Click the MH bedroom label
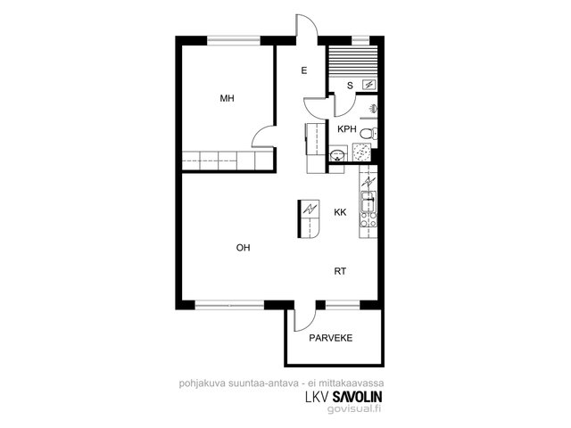(x=227, y=98)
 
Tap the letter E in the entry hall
(x=304, y=70)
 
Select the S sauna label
(x=350, y=86)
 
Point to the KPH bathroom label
(x=347, y=129)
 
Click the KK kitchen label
(x=340, y=212)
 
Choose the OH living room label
(x=244, y=248)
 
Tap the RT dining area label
(x=340, y=271)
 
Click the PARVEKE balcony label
(x=331, y=338)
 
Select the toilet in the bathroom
(x=368, y=134)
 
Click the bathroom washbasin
(x=337, y=154)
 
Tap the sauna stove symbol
(x=369, y=86)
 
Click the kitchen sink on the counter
(x=368, y=202)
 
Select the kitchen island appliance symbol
(x=310, y=209)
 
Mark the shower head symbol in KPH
(x=374, y=108)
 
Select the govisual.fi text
(x=354, y=408)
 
